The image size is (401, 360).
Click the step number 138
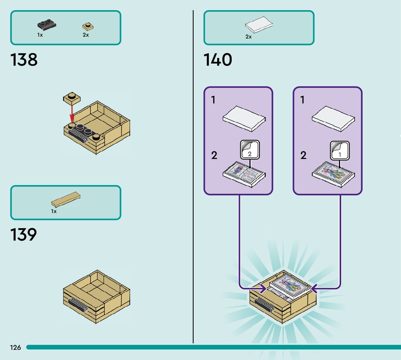(24, 60)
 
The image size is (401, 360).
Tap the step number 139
(24, 235)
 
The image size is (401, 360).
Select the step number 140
(218, 60)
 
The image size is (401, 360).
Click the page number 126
(16, 348)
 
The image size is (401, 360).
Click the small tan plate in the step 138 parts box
(87, 26)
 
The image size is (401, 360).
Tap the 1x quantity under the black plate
(40, 35)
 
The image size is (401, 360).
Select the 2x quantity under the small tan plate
(86, 35)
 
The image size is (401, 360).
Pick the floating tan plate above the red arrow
(72, 97)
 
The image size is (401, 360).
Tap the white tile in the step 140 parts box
(259, 25)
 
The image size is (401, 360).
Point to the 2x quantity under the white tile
(248, 37)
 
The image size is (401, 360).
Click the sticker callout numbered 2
(249, 150)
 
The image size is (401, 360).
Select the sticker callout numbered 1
(339, 151)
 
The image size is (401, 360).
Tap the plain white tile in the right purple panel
(333, 119)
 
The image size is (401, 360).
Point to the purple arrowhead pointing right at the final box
(263, 289)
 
